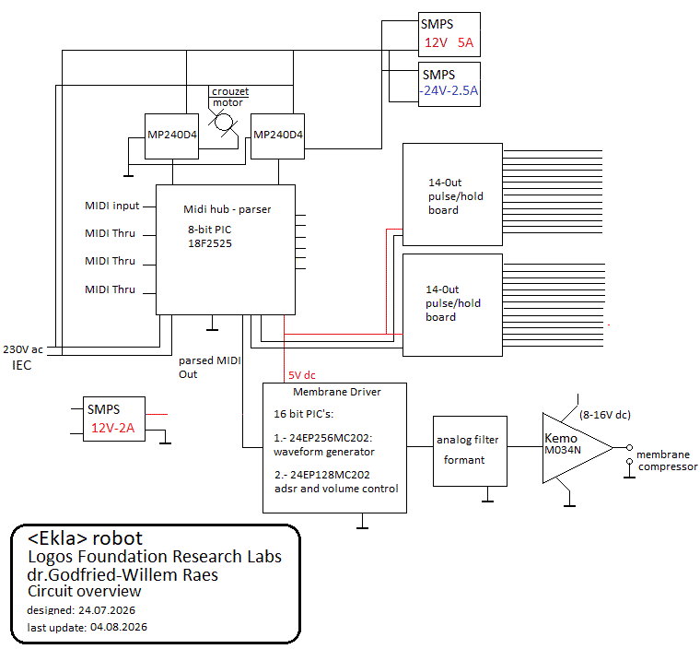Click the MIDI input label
tap(112, 206)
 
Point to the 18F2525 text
tap(210, 243)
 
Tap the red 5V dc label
tap(302, 375)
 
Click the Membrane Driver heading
tap(337, 392)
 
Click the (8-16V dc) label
tap(605, 415)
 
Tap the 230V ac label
tap(23, 349)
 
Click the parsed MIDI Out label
tap(210, 368)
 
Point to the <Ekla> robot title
tap(85, 538)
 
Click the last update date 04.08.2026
tap(119, 627)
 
